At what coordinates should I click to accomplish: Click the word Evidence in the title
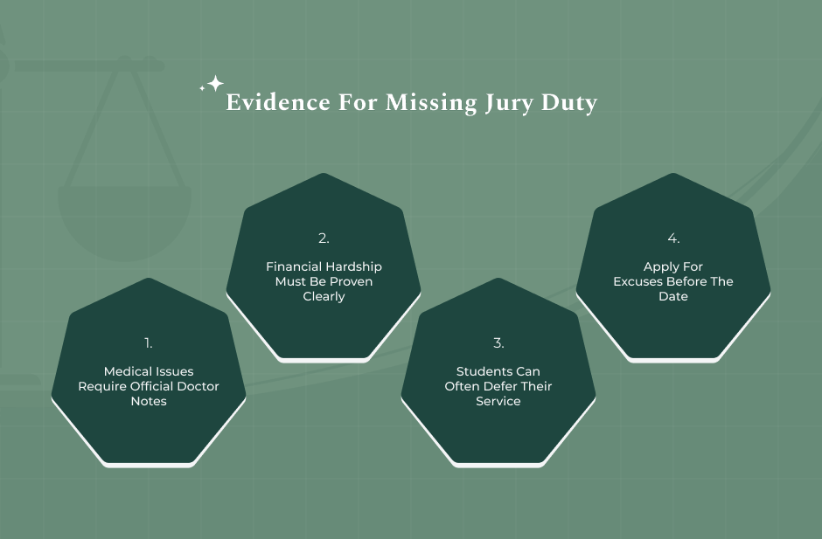click(x=278, y=102)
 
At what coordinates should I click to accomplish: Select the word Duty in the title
click(x=568, y=103)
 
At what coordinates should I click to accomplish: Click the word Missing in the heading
click(x=431, y=103)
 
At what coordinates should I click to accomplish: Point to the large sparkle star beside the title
click(x=215, y=83)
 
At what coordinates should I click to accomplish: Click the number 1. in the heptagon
click(x=149, y=343)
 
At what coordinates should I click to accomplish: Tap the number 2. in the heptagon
click(x=324, y=238)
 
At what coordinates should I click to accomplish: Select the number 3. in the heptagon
click(x=498, y=343)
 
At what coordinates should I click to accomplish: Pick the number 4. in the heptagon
click(x=673, y=238)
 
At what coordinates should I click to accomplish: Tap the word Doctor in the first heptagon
click(x=198, y=386)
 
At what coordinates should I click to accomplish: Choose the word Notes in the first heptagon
click(x=149, y=401)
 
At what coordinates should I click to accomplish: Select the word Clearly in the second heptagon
click(x=324, y=296)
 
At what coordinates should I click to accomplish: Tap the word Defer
click(x=502, y=386)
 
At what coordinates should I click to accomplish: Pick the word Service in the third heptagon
click(x=498, y=401)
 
